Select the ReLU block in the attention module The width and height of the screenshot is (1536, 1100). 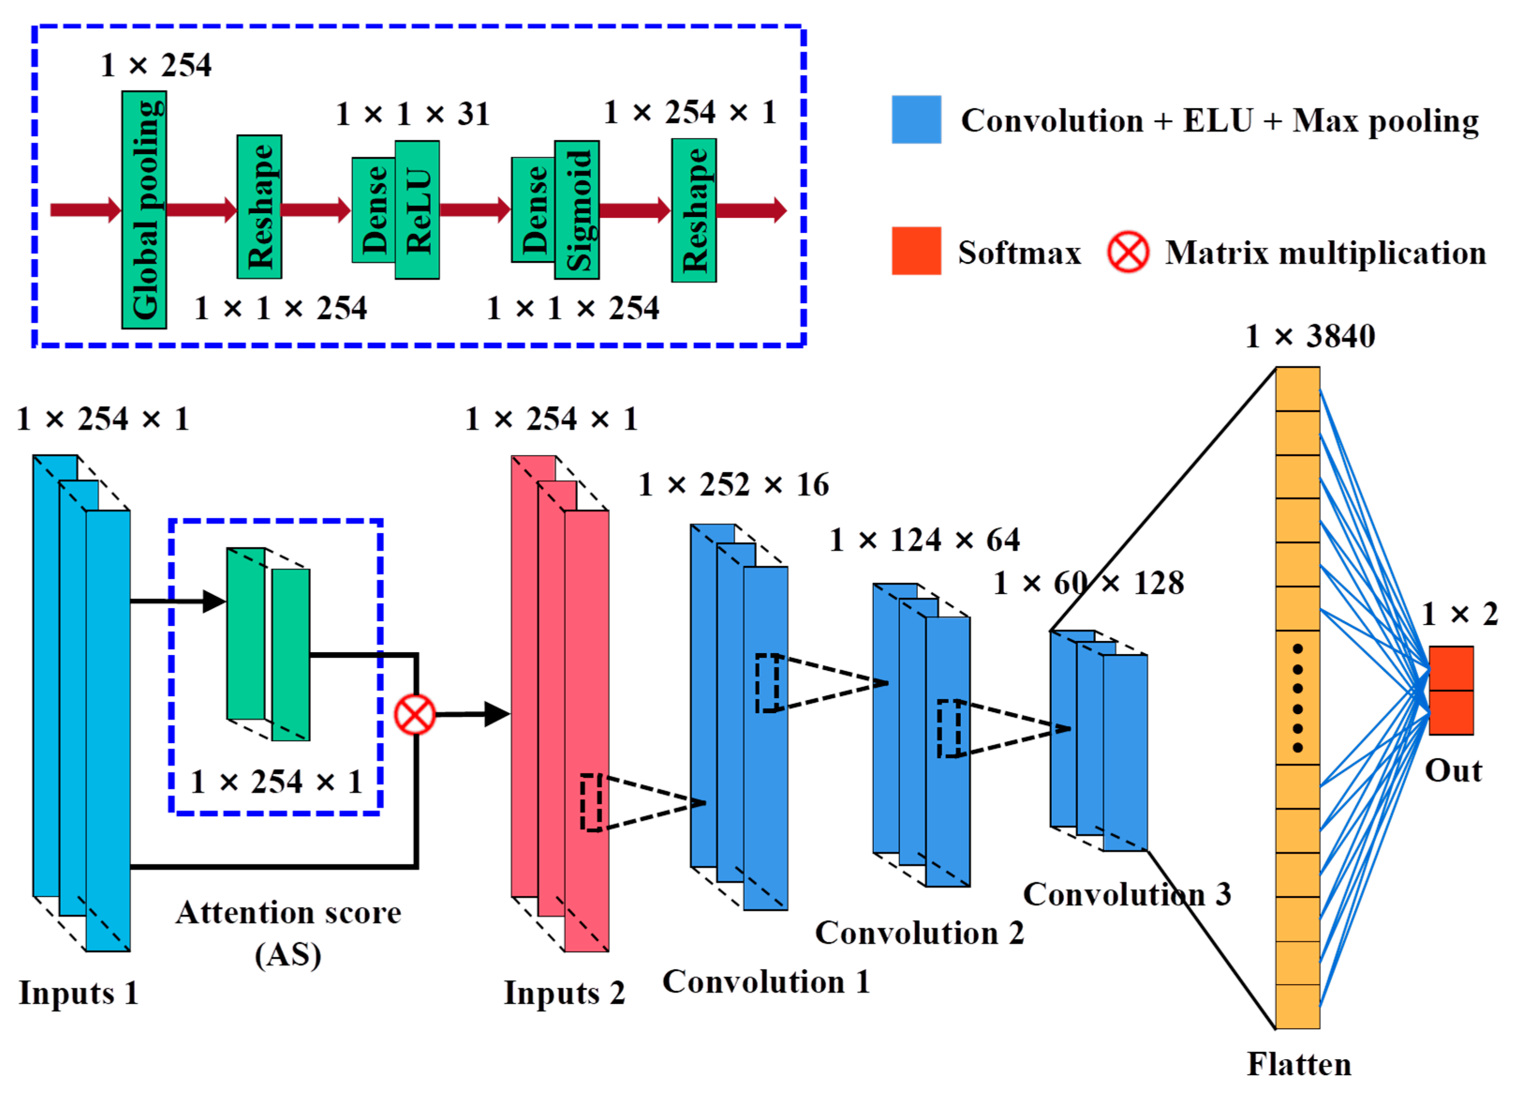(x=417, y=210)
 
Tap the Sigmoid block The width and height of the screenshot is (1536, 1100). (x=577, y=210)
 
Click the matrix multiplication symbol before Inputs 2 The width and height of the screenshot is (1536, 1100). (x=414, y=714)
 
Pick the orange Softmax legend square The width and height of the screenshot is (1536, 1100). (x=916, y=251)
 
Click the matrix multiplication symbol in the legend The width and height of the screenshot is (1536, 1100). (x=1127, y=252)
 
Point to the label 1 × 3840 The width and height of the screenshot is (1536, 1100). (x=1310, y=336)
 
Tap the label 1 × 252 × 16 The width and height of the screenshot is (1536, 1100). (x=733, y=485)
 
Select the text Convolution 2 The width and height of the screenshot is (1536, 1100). (x=919, y=933)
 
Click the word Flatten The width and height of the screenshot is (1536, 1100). (x=1299, y=1064)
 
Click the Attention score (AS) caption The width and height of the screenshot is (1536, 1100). (x=288, y=933)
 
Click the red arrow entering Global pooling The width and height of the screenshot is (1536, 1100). (x=85, y=210)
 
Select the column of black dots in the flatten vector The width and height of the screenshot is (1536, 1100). (x=1297, y=698)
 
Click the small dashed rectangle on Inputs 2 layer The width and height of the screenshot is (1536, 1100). (x=591, y=803)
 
